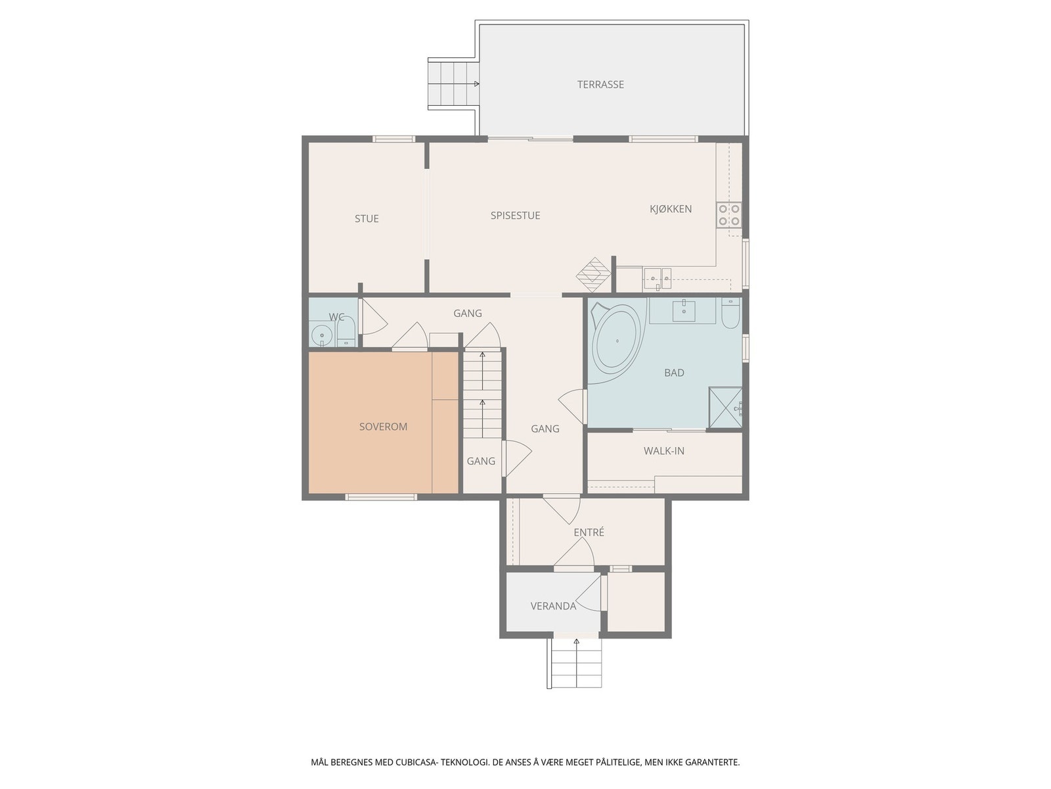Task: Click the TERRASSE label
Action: (600, 84)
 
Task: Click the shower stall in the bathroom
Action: (725, 408)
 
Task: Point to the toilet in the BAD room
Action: (730, 314)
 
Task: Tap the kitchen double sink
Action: (657, 278)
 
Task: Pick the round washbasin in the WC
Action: (322, 336)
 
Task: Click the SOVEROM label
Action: (383, 427)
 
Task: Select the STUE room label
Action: (367, 219)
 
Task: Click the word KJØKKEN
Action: (671, 209)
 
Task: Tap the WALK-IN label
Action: (663, 451)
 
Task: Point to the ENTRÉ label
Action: (589, 533)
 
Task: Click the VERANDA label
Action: (553, 606)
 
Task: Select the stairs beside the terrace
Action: (453, 84)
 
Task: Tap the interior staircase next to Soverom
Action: (483, 394)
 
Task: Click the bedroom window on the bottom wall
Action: (381, 497)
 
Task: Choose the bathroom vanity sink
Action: (684, 310)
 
